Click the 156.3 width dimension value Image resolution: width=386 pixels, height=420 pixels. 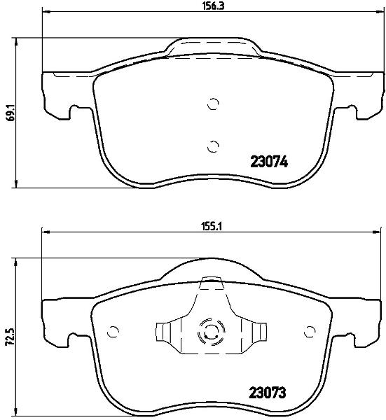pos(212,6)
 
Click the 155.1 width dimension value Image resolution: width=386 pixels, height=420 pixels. pos(212,227)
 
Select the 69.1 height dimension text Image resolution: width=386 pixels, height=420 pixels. pos(11,113)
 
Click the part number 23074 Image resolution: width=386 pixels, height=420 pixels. pos(269,162)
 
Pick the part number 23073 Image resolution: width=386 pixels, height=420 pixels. pos(268,393)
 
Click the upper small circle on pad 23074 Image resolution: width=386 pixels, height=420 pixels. pos(214,104)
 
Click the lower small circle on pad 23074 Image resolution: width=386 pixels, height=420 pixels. pos(214,146)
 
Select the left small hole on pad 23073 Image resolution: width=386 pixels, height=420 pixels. pos(113,332)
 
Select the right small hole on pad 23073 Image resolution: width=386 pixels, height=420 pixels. pos(310,332)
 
